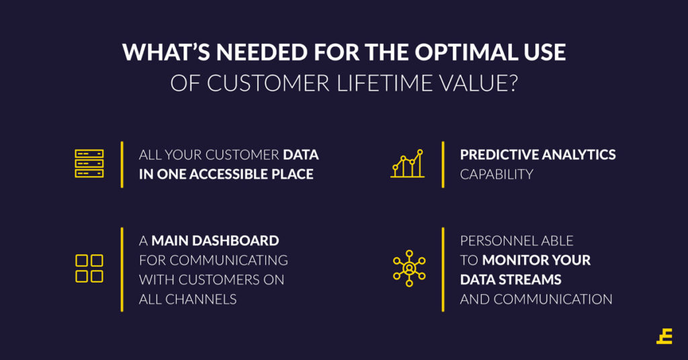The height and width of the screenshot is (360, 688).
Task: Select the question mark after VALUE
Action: pyautogui.click(x=511, y=83)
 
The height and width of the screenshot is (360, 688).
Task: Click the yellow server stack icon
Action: pyautogui.click(x=89, y=164)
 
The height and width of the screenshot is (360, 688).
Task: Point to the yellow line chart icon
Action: pyautogui.click(x=408, y=164)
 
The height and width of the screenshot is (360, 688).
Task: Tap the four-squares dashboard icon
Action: pyautogui.click(x=89, y=268)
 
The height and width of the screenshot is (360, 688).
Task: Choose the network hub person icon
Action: pyautogui.click(x=409, y=269)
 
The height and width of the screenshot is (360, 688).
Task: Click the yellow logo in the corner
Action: pyautogui.click(x=664, y=336)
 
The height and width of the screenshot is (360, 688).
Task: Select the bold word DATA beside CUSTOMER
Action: pyautogui.click(x=301, y=154)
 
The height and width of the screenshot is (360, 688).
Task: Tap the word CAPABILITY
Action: pyautogui.click(x=497, y=175)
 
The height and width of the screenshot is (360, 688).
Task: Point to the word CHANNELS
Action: pyautogui.click(x=200, y=300)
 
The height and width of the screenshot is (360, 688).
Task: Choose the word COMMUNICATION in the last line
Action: pyautogui.click(x=553, y=300)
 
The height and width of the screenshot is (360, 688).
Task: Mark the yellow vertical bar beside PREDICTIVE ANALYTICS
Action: pyautogui.click(x=443, y=165)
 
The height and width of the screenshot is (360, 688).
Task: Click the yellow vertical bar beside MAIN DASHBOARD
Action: pyautogui.click(x=122, y=270)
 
